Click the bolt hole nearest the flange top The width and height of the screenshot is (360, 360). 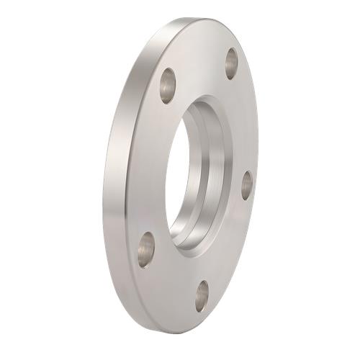tap(231, 63)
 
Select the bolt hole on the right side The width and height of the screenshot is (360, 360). tap(246, 185)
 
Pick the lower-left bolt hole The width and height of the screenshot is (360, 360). tap(146, 249)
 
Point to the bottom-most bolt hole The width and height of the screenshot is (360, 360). tap(202, 295)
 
